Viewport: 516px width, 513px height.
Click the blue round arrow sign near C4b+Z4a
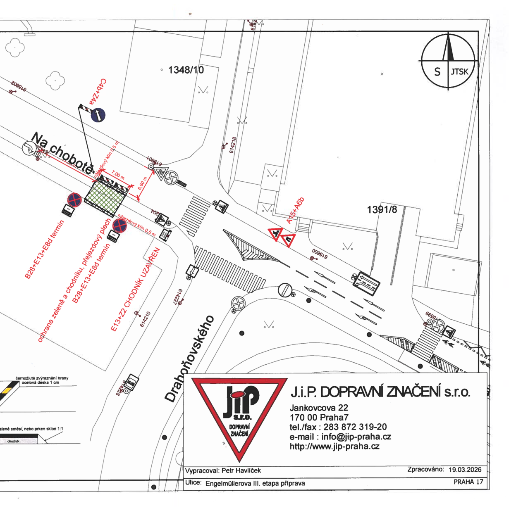(x=98, y=115)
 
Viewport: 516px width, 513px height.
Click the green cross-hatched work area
(x=105, y=196)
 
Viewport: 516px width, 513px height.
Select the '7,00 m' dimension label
(x=118, y=175)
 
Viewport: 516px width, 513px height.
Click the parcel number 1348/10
(x=186, y=70)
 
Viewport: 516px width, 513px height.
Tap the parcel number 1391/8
(x=382, y=210)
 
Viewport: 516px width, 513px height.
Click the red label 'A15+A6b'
(x=295, y=211)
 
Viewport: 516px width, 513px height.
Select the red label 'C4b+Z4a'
(x=98, y=92)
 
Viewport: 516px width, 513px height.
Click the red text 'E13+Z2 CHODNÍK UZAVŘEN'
(x=135, y=289)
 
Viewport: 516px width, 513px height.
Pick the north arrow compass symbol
(x=448, y=61)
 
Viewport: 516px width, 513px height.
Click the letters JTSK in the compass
(x=459, y=72)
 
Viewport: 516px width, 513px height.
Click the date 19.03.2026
(x=465, y=470)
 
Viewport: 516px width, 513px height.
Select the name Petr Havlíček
(x=241, y=470)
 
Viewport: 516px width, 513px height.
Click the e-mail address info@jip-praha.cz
(x=356, y=437)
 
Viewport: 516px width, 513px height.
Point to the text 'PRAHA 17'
(x=468, y=482)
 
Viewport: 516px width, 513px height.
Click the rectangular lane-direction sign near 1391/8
(x=366, y=283)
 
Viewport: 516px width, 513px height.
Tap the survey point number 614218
(x=233, y=145)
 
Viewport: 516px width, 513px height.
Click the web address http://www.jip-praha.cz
(x=334, y=446)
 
